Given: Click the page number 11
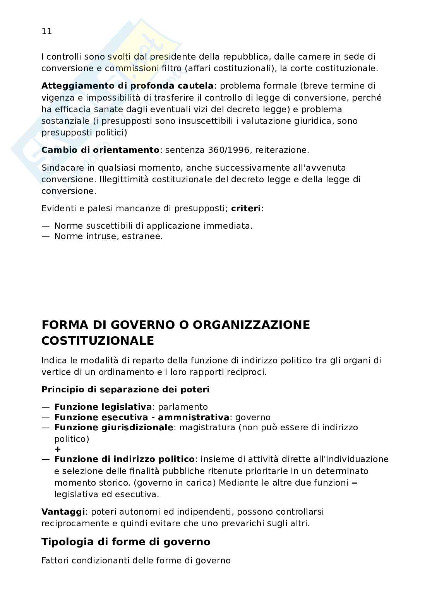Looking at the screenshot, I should click(x=46, y=31).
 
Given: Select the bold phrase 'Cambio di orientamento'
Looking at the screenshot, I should click(x=100, y=150).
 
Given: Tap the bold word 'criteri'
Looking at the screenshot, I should click(x=246, y=209).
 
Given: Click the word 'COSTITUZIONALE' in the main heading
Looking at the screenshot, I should click(x=98, y=341).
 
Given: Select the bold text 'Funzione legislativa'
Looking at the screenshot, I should click(x=103, y=407).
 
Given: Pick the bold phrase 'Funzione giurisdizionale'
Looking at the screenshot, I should click(x=114, y=428).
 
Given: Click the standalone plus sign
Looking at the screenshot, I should click(x=58, y=449).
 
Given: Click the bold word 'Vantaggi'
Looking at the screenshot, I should click(x=63, y=512).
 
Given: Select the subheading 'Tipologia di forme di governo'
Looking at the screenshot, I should click(x=126, y=542).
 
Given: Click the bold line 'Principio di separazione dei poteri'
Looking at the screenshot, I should click(x=125, y=390).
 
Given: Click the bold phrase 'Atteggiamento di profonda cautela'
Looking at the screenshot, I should click(x=127, y=86).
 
